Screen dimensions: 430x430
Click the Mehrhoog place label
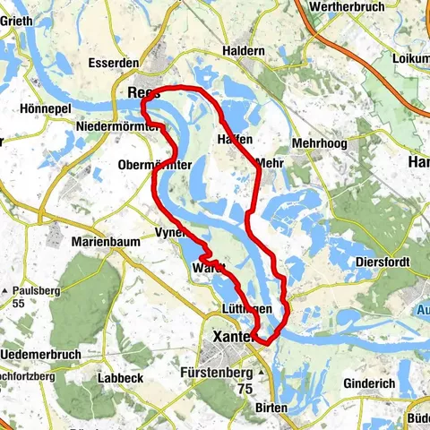pos(318,142)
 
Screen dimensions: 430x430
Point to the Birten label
pos(271,408)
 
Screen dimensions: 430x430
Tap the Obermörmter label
pos(153,165)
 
